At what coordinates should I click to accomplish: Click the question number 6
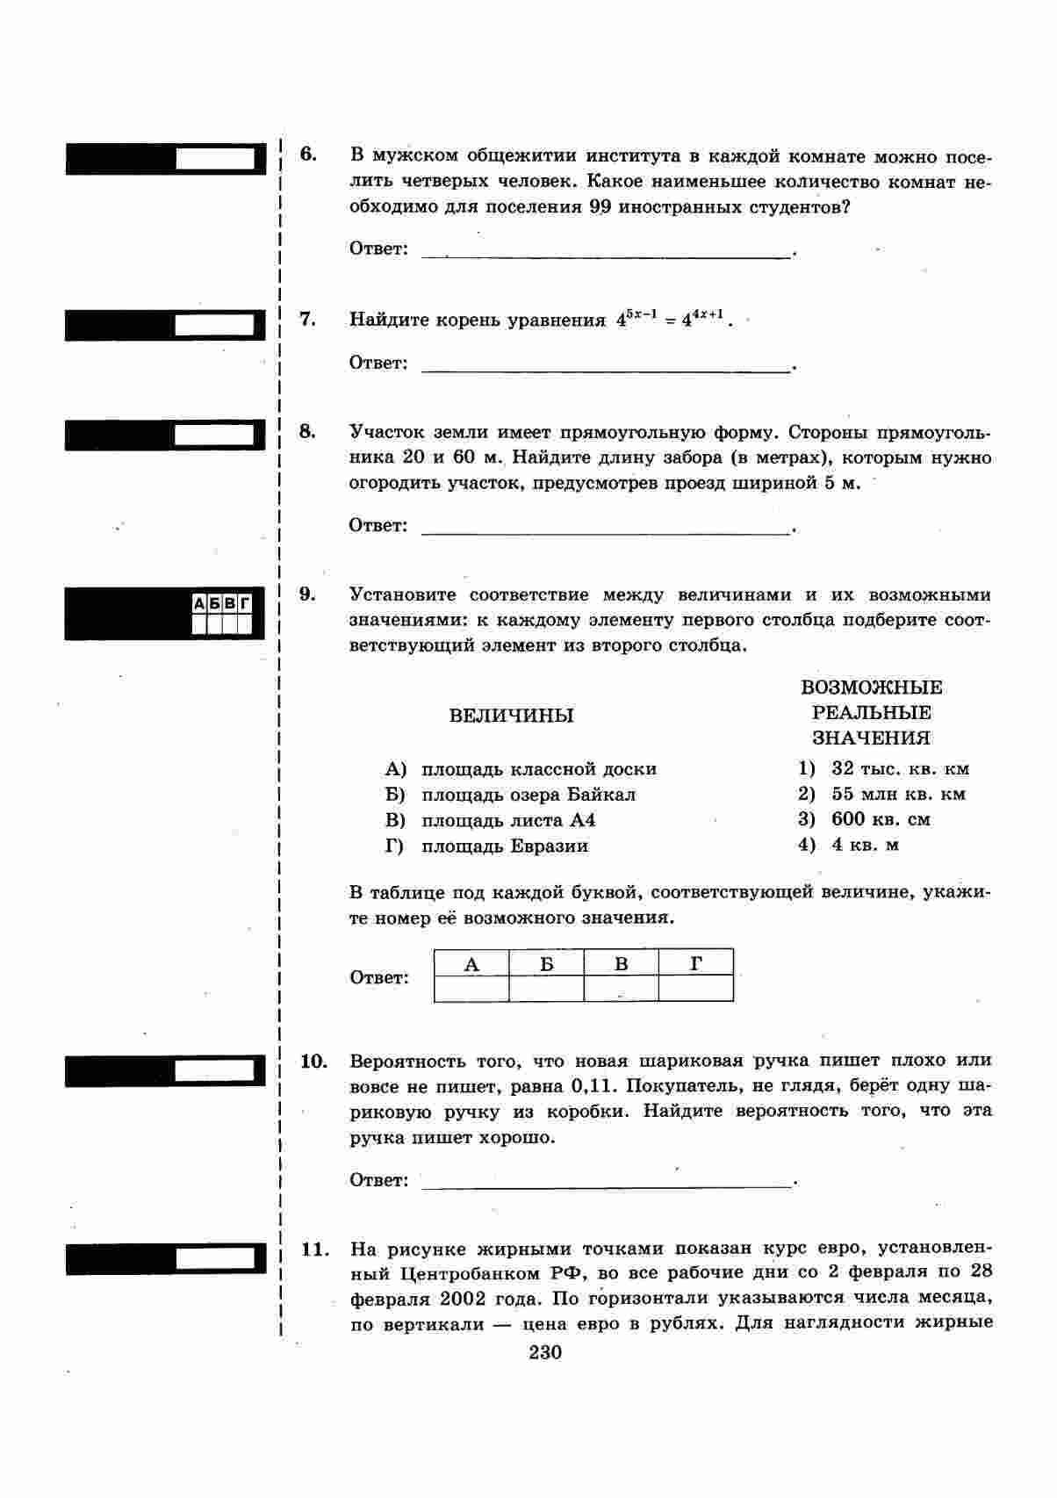[x=307, y=155]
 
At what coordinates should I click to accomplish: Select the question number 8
[x=307, y=431]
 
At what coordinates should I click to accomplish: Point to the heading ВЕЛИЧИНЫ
[x=511, y=716]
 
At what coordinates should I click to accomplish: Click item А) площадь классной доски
[x=521, y=769]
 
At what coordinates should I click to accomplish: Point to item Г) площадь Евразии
[x=486, y=846]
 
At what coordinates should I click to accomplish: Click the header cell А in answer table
[x=471, y=964]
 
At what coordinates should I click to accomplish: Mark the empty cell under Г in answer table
[x=695, y=989]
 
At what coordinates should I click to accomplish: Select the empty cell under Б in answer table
[x=546, y=989]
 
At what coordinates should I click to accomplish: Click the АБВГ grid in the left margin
[x=222, y=614]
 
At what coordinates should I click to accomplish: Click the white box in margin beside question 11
[x=215, y=1259]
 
